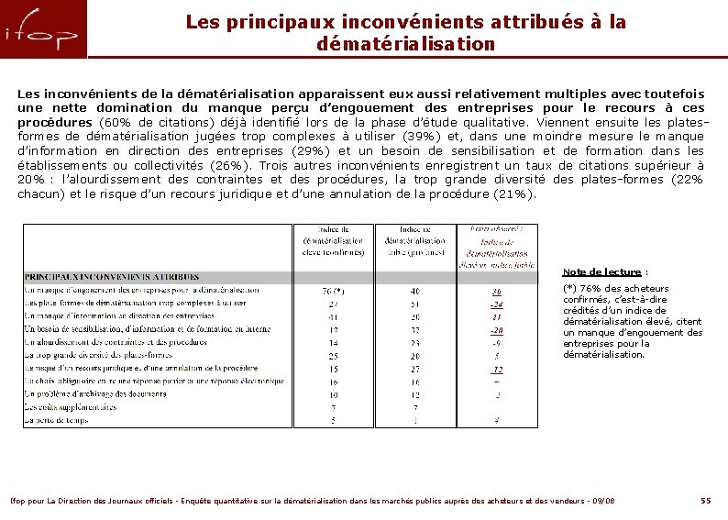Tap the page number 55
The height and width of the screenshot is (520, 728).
(x=705, y=501)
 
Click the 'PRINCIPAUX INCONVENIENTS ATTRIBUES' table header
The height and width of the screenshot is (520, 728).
(x=112, y=276)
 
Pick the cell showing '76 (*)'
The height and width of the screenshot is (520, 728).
(x=333, y=291)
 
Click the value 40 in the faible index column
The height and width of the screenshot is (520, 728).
(x=415, y=291)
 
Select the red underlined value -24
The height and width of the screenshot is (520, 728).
(x=496, y=304)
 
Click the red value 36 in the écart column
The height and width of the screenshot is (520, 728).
(x=496, y=291)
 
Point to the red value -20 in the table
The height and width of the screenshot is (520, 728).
(x=496, y=329)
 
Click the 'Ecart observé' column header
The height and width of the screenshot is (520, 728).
(x=496, y=228)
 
